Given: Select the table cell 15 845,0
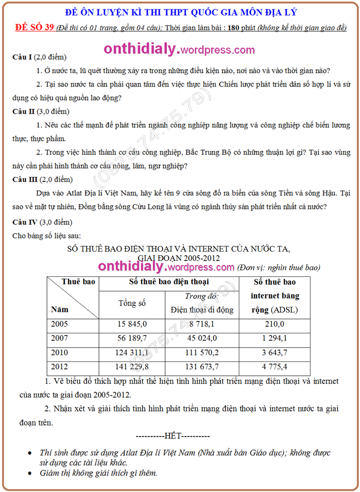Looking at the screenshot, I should tap(132, 324).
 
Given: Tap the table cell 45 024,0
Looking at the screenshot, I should tap(202, 339).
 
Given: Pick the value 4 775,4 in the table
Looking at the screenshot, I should tap(274, 367).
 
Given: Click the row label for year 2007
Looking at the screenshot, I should tap(59, 339).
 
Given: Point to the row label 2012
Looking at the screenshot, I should tap(59, 367).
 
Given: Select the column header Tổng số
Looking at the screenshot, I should tap(132, 303).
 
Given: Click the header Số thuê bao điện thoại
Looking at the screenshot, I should tap(169, 282).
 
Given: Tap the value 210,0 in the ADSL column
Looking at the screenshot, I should tap(274, 324).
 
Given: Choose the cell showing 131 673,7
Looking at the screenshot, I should tap(202, 367).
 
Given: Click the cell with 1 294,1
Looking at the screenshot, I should tap(274, 339).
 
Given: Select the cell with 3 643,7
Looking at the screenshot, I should tap(274, 353).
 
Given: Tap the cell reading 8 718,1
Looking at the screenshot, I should tap(202, 324).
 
